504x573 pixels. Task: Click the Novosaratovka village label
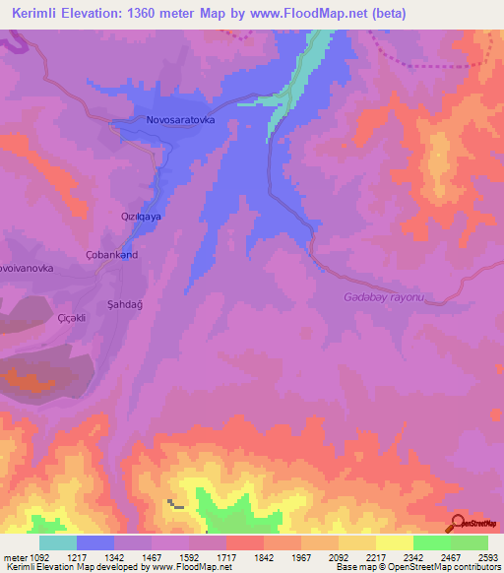180,120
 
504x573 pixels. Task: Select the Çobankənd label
111,254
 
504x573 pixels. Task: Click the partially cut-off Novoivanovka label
32,267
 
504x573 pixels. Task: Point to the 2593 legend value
476,557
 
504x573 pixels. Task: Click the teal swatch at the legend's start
58,542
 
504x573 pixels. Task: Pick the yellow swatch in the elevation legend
395,542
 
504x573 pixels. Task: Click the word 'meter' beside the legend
12,557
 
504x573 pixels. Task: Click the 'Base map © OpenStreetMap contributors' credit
418,568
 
